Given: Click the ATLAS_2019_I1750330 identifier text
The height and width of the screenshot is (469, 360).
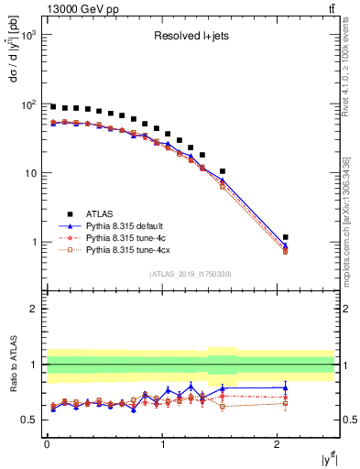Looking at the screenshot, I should (x=190, y=274).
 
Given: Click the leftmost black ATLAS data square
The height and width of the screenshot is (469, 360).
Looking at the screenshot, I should (x=53, y=106).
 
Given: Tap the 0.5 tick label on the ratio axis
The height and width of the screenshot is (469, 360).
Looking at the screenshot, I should (x=30, y=420).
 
